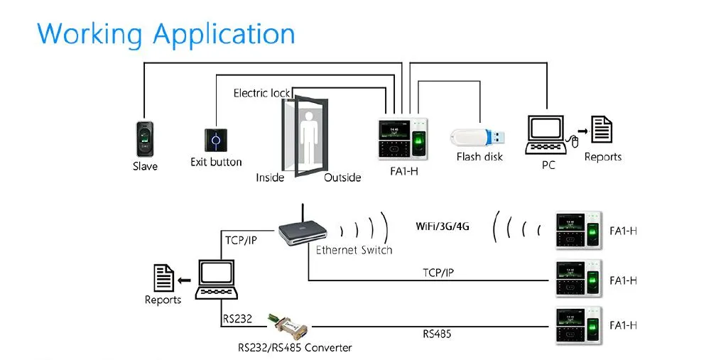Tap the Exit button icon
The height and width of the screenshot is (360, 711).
[x=215, y=138]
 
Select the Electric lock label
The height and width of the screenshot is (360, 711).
[x=261, y=93]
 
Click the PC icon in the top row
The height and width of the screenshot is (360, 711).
[x=547, y=135]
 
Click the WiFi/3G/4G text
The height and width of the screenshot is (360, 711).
[x=443, y=227]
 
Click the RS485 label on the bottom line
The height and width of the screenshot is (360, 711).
[x=437, y=333]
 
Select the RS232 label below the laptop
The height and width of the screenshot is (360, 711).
[x=237, y=319]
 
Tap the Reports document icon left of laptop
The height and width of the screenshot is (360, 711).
[x=164, y=277]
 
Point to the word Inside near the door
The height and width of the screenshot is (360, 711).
[x=270, y=178]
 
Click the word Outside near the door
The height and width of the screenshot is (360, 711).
[x=342, y=178]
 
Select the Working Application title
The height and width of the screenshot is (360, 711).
[x=166, y=33]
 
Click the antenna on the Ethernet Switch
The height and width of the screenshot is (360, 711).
[x=304, y=213]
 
